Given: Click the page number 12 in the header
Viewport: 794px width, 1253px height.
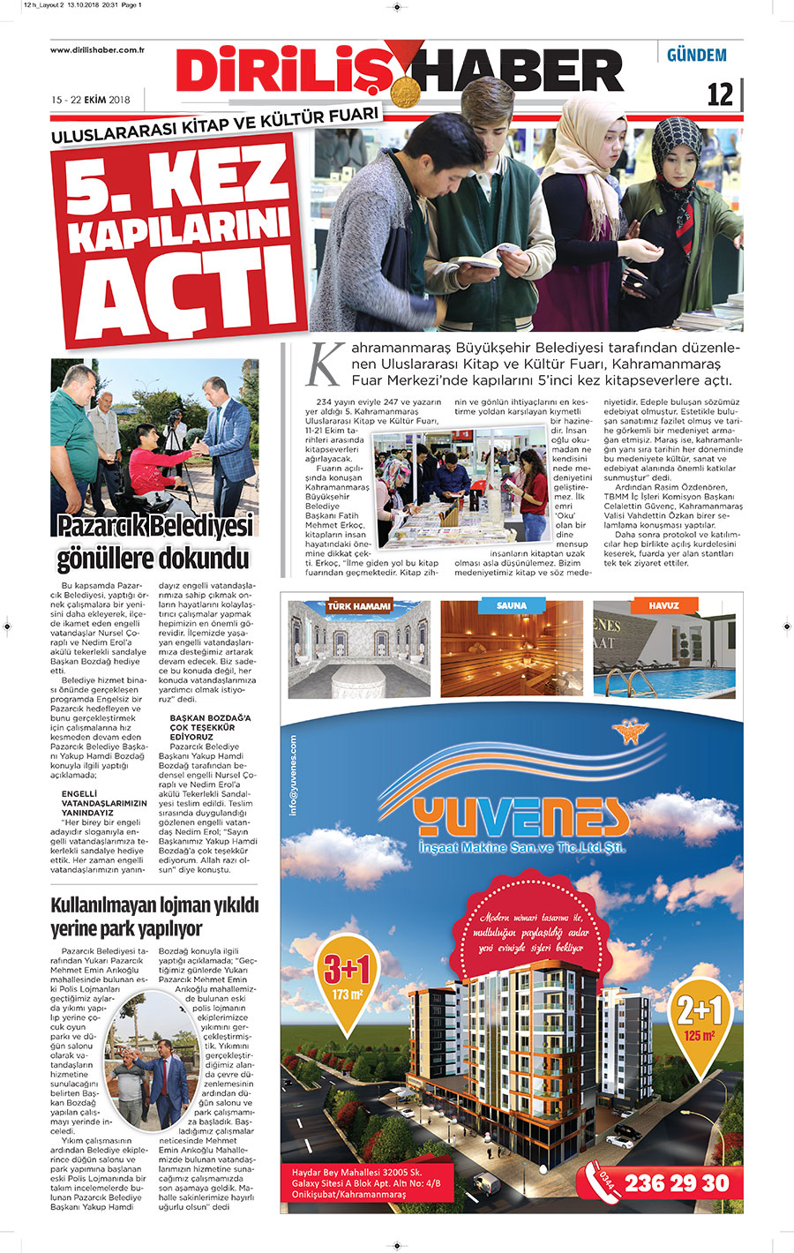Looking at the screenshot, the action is (720, 94).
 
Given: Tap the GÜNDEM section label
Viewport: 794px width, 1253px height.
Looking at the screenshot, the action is (696, 55).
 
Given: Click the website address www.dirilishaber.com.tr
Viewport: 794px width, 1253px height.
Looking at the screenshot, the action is (97, 50).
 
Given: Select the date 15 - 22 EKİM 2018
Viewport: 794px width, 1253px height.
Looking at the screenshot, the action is (91, 100).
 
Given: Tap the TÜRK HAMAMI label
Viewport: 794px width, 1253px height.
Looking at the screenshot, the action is (358, 606).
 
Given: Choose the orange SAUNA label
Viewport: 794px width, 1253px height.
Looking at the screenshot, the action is (512, 605).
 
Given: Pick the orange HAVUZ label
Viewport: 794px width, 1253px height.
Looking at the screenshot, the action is (663, 605).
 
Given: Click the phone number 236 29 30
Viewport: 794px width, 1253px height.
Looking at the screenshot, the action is (677, 1182).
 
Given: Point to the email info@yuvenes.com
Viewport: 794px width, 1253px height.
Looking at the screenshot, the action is (294, 777).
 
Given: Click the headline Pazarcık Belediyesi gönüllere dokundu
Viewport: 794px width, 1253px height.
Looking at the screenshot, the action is (154, 542).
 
